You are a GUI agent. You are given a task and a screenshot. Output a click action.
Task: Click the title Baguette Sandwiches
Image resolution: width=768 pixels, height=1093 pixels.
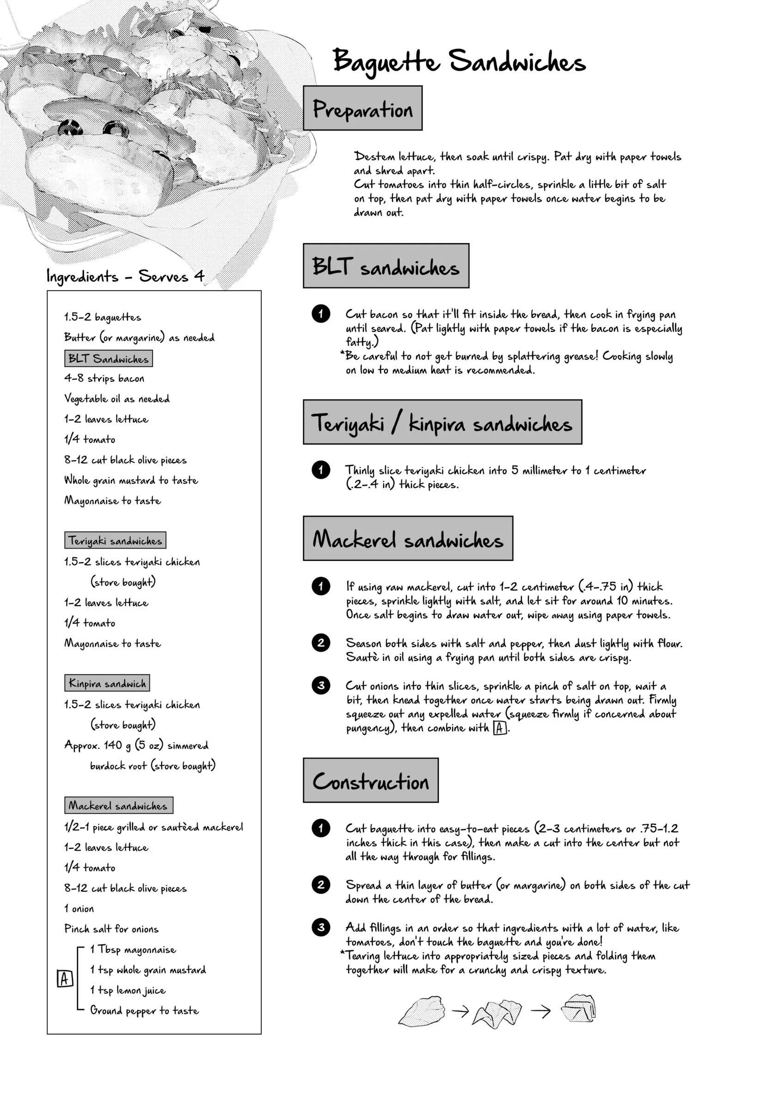[459, 62]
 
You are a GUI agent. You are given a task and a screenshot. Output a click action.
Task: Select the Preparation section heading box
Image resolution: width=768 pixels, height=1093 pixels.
[363, 108]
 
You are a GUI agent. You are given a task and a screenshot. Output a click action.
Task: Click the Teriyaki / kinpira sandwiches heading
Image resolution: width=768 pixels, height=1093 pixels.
[442, 423]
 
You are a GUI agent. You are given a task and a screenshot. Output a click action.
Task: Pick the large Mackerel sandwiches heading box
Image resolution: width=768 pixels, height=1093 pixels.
[408, 539]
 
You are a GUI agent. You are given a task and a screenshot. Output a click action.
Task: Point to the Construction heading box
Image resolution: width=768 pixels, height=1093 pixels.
[371, 781]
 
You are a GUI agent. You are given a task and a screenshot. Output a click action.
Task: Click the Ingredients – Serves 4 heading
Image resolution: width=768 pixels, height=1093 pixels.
[125, 276]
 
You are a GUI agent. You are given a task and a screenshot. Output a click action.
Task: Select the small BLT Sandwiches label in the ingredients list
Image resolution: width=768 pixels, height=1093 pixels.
[108, 359]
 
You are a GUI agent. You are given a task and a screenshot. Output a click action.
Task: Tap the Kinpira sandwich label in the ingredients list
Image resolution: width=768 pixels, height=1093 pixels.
[107, 683]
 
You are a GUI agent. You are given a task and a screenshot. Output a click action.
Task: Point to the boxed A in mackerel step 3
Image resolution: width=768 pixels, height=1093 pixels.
[499, 728]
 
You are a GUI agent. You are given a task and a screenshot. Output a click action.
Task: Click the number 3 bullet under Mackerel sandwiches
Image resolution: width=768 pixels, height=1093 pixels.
[321, 685]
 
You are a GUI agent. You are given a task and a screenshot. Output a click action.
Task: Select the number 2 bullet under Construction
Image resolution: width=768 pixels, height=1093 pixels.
[321, 884]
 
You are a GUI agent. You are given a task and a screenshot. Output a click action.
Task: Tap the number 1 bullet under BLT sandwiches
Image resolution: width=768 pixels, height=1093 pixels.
[321, 314]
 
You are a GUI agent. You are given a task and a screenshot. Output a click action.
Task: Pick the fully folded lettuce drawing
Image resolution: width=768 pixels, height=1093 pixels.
[579, 1008]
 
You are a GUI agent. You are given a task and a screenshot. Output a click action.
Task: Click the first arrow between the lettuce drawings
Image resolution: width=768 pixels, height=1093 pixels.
[460, 1011]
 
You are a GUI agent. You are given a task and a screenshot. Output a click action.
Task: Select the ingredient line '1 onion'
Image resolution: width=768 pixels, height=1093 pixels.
[79, 909]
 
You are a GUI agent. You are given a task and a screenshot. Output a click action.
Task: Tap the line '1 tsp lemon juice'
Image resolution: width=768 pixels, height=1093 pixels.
[127, 990]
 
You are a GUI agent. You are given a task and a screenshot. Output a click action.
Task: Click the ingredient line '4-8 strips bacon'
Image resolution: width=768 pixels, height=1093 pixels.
[104, 378]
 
